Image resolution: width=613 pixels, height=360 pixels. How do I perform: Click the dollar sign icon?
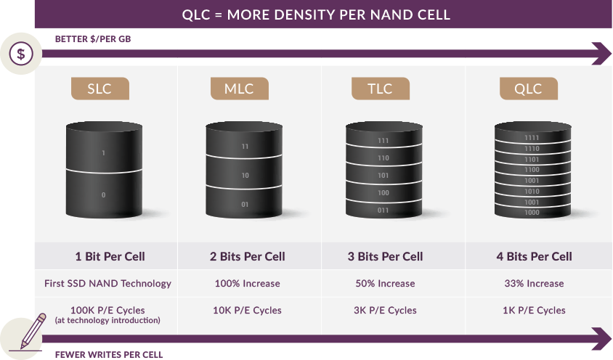(21, 54)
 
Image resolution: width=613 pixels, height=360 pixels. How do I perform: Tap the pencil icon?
(33, 331)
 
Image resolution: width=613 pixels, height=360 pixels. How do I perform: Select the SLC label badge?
(100, 89)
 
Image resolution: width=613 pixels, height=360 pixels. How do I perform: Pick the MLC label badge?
(239, 89)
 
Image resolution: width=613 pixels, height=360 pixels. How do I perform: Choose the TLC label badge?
(381, 89)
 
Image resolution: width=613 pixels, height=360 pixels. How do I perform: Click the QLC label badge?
(529, 89)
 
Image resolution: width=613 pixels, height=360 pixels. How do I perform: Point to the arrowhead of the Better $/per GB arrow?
(602, 54)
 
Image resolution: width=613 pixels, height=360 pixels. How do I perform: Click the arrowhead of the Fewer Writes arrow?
(602, 339)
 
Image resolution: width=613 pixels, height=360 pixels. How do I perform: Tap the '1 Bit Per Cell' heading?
(110, 256)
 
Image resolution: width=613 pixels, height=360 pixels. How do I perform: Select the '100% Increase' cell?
(248, 283)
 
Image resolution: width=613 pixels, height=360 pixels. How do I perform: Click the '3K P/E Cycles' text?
(385, 311)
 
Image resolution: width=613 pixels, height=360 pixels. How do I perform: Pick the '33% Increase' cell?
(534, 283)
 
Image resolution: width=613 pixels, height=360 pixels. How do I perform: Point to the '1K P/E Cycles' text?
(534, 311)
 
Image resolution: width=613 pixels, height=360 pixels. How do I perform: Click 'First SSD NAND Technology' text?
(107, 283)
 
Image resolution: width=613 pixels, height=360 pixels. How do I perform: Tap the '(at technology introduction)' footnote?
(107, 320)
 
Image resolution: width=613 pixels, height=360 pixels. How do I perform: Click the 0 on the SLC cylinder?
(103, 195)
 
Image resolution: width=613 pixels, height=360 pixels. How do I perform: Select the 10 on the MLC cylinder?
(245, 176)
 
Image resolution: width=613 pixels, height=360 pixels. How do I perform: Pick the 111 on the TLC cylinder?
(383, 141)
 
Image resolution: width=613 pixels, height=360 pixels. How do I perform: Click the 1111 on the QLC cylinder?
(532, 138)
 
